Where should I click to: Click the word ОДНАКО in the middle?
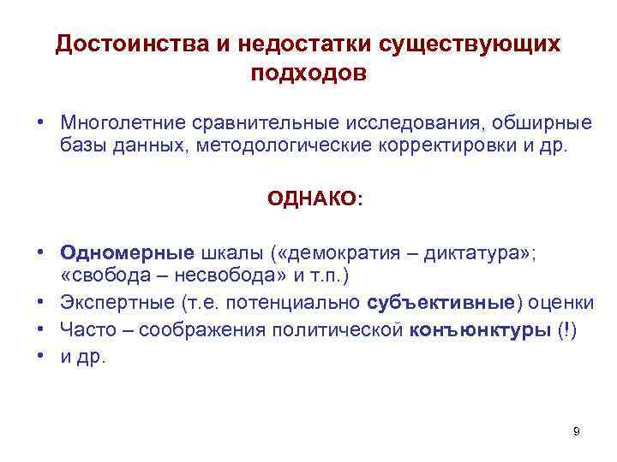[x=312, y=199]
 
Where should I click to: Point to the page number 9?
[x=577, y=431]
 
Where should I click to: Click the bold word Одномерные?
[x=127, y=253]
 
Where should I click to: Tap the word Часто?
[x=84, y=330]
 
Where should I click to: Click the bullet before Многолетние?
[x=41, y=119]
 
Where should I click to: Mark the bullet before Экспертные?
[x=41, y=302]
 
